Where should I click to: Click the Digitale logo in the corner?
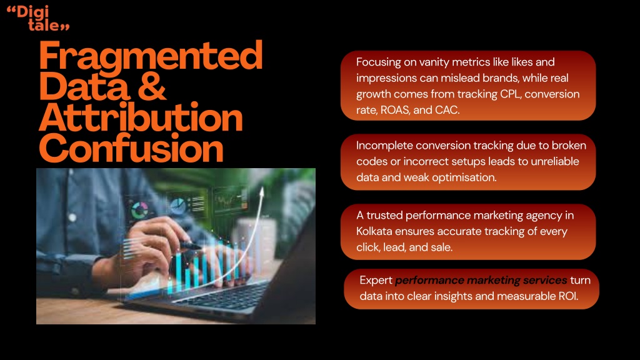coord(38,18)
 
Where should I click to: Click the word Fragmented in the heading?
coord(151,56)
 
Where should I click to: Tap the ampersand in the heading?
coord(152,86)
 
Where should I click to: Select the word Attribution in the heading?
coord(141,117)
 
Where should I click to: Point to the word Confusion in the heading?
coord(131,147)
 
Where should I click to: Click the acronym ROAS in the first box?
coord(395,110)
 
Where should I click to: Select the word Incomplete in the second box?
coord(384,146)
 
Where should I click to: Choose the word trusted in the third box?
coord(384,215)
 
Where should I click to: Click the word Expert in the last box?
coord(376,281)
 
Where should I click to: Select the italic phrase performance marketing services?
coord(481,281)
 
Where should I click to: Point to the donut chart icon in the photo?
coord(139,211)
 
